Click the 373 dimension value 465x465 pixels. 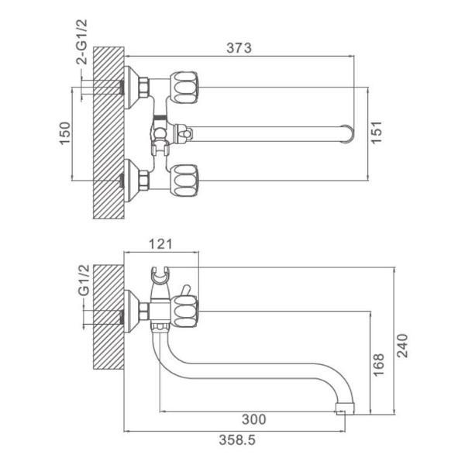tap(239, 48)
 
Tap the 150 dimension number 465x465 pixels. tap(65, 133)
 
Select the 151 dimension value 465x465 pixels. tap(377, 133)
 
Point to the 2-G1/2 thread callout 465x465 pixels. tap(82, 42)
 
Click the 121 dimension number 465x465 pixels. tap(160, 244)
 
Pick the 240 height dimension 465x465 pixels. tap(402, 346)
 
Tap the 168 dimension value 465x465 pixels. tap(378, 365)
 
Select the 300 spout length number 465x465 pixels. tap(254, 419)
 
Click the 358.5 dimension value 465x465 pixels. tap(237, 440)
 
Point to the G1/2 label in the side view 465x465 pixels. tap(84, 280)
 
